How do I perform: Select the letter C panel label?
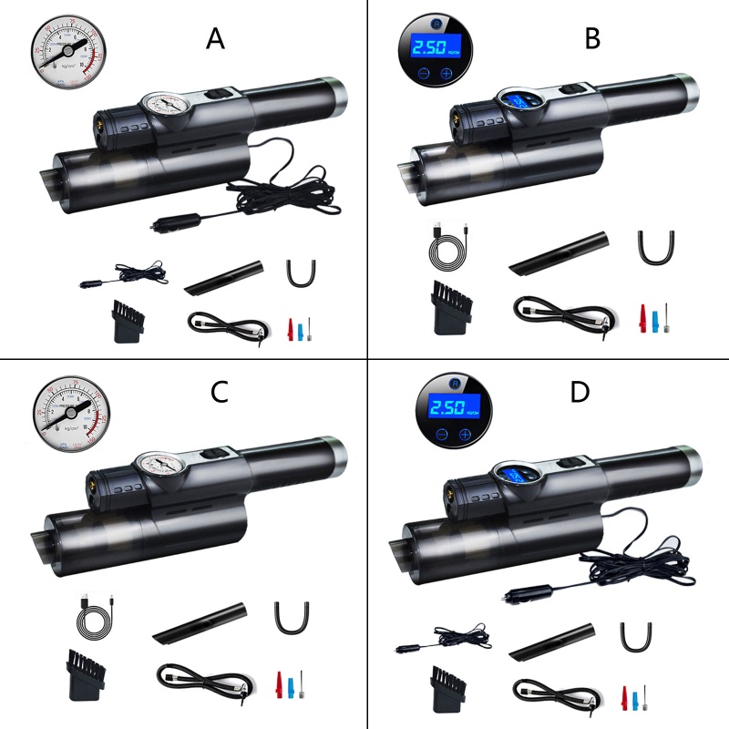219,393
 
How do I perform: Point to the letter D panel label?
580,393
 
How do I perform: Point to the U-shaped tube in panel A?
295,271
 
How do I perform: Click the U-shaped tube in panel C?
288,617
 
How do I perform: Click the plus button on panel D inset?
466,435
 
